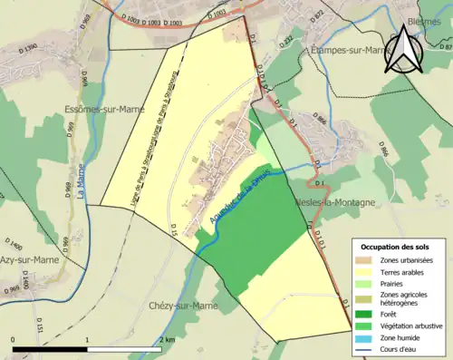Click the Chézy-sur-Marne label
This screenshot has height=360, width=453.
tap(181, 306)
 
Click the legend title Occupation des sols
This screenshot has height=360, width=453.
tap(396, 247)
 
